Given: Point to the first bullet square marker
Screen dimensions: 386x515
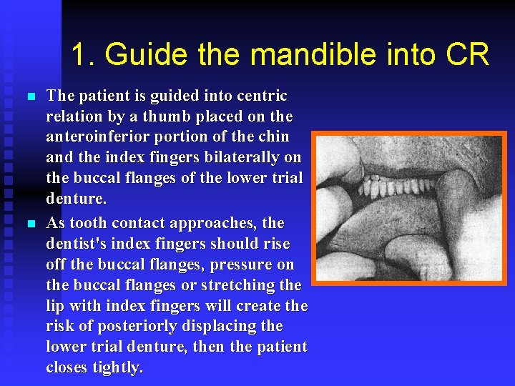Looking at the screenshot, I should coord(29,96).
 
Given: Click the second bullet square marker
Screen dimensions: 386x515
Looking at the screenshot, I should coord(29,224).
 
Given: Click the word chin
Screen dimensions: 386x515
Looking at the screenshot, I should coord(273,137).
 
